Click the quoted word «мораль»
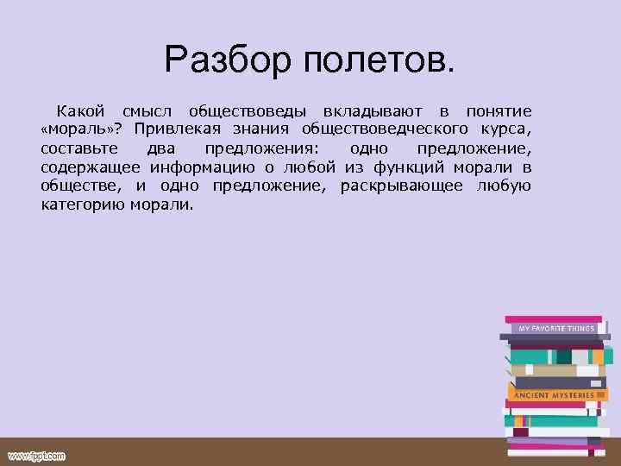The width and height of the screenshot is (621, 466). point(76,130)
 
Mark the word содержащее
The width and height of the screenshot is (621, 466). point(91,168)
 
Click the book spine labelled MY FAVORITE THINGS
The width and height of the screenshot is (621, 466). point(556,329)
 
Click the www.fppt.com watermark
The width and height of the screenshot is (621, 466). point(36,456)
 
